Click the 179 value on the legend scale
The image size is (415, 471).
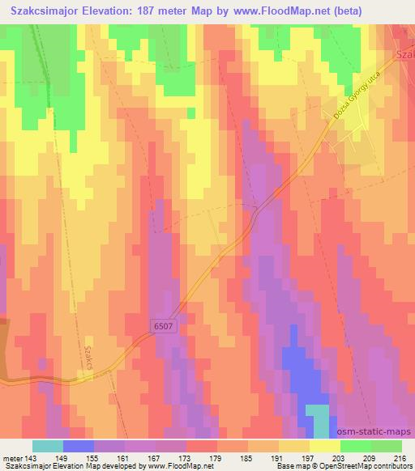216,457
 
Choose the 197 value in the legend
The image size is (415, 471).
309,457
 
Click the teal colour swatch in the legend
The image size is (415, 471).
48,446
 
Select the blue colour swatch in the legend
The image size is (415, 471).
79,446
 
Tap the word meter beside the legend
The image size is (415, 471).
12,457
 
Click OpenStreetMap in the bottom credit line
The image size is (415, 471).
340,467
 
